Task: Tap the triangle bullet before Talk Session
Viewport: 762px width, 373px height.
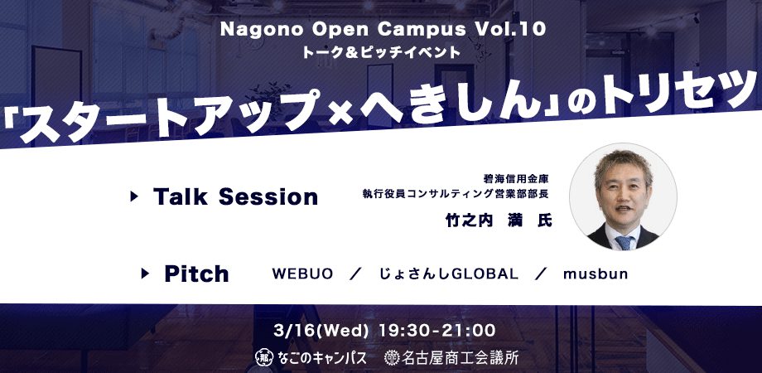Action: click(x=134, y=196)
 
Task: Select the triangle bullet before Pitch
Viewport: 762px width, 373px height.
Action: click(x=145, y=274)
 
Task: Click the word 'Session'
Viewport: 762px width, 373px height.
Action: click(x=268, y=197)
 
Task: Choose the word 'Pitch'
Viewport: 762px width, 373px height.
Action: click(x=196, y=274)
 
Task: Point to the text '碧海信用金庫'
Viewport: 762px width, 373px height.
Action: click(x=516, y=179)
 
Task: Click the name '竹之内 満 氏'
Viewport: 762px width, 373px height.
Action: click(x=499, y=220)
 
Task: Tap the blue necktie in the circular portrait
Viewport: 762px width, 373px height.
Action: click(x=625, y=242)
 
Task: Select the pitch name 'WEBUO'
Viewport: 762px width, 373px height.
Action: click(x=302, y=274)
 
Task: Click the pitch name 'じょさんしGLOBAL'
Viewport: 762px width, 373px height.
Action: click(x=449, y=274)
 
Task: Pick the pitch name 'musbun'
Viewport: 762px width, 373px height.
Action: click(x=596, y=274)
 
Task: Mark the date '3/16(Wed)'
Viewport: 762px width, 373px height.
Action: click(x=321, y=331)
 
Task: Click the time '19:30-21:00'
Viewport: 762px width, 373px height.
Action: click(x=436, y=331)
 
